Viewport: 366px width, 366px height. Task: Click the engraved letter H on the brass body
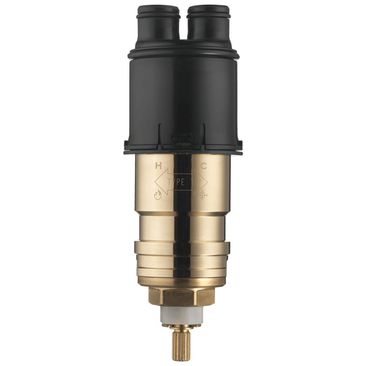(158, 166)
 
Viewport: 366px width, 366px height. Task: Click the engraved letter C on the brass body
(204, 166)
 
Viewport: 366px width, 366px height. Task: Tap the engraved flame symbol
(158, 195)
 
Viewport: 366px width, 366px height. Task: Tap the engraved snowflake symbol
(203, 196)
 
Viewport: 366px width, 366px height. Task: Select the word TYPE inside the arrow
(176, 182)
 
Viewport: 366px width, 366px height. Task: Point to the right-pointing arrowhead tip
(207, 182)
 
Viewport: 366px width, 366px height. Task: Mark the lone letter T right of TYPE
(192, 182)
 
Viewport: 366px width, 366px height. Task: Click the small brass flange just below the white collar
(182, 326)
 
